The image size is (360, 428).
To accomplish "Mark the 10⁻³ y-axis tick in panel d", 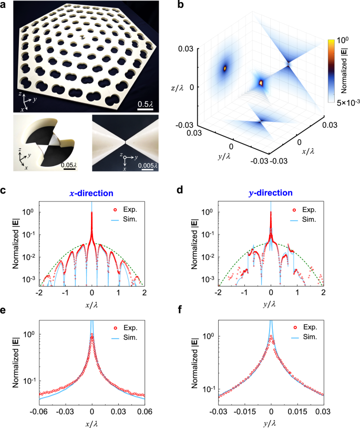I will point(209,279).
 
